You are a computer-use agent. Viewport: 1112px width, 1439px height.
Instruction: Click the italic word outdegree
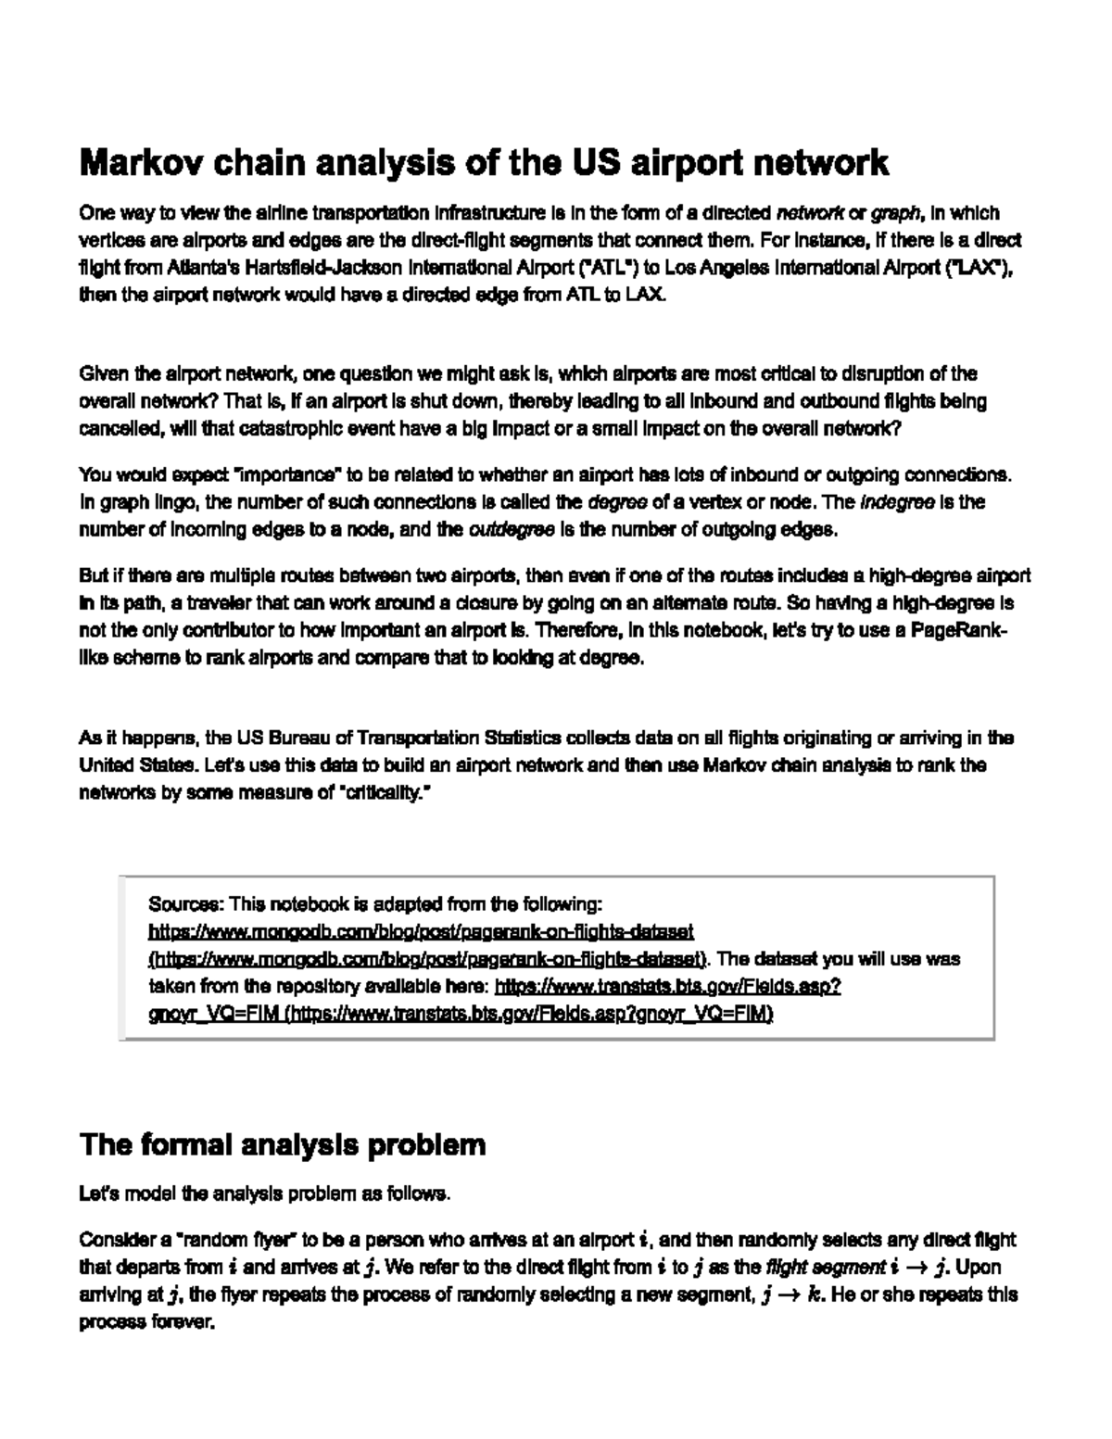pyautogui.click(x=512, y=530)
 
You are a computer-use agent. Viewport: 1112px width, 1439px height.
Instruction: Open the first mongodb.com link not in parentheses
pyautogui.click(x=422, y=930)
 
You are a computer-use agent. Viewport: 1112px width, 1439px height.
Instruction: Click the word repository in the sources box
pyautogui.click(x=279, y=986)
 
